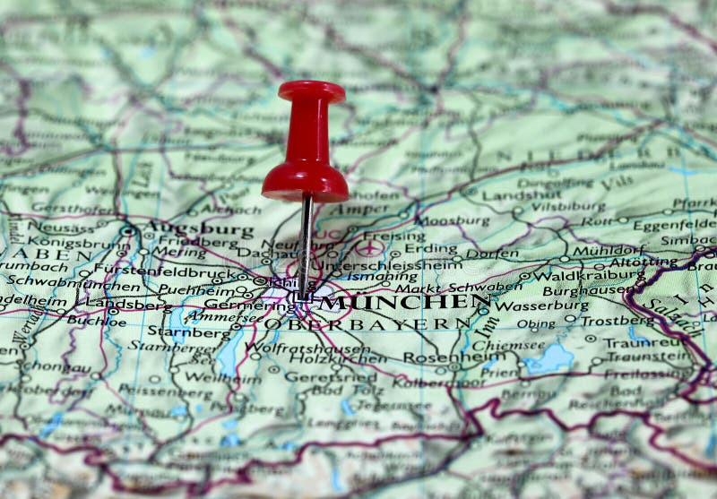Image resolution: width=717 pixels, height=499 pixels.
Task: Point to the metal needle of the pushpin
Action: click(x=306, y=242)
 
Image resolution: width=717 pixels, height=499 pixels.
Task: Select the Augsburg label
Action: click(x=199, y=229)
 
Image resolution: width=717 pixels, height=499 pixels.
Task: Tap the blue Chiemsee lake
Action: click(x=549, y=359)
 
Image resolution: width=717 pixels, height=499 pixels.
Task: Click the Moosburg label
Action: click(x=453, y=219)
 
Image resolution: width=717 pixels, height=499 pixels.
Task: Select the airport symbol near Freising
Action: click(x=369, y=247)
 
